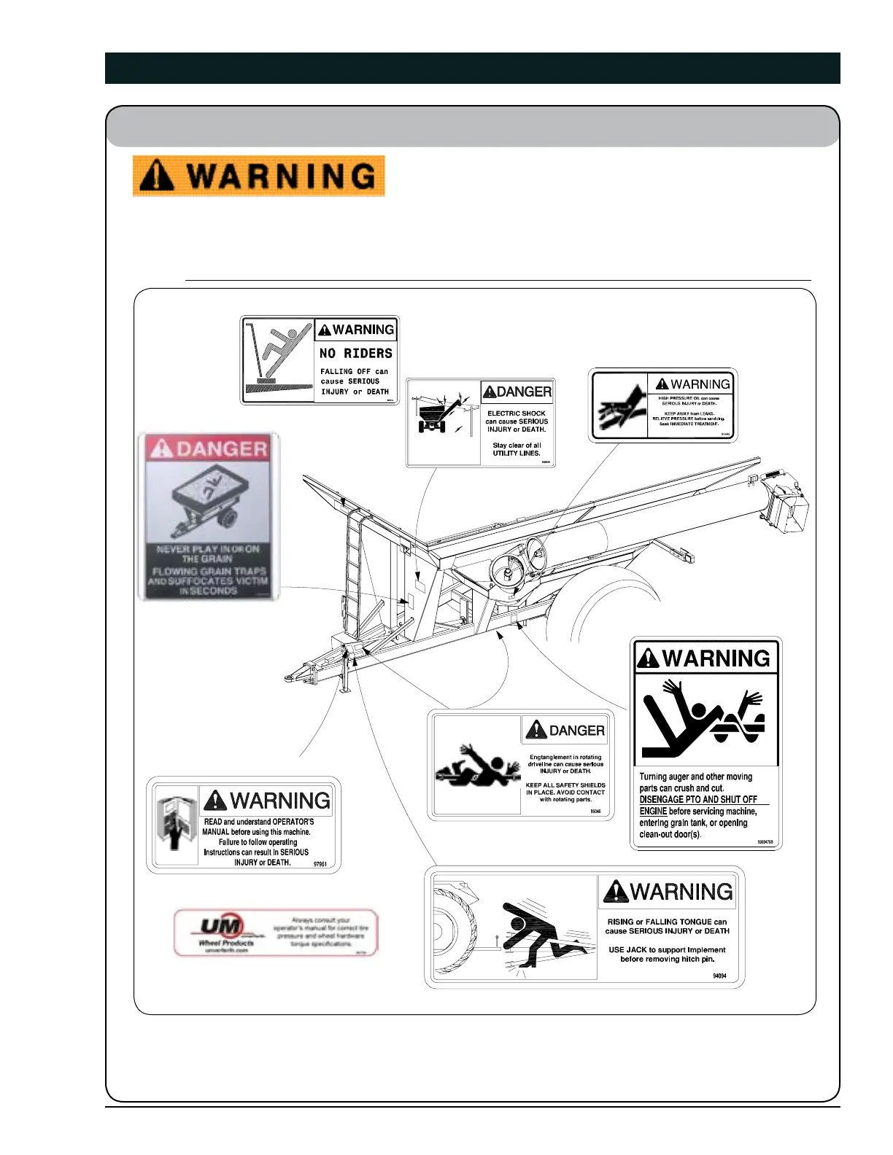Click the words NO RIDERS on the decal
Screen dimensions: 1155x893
coord(356,354)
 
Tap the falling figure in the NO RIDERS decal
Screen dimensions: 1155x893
coord(281,350)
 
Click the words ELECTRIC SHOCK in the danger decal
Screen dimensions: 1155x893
coord(517,413)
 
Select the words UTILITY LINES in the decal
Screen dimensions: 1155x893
coord(517,453)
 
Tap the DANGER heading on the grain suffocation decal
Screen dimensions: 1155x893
coord(209,448)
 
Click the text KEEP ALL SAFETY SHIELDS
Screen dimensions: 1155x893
coord(565,785)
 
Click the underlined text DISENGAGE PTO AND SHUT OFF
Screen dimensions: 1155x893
coord(698,800)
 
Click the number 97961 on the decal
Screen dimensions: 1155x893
coord(320,864)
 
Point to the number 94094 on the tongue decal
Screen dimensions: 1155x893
coord(719,976)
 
